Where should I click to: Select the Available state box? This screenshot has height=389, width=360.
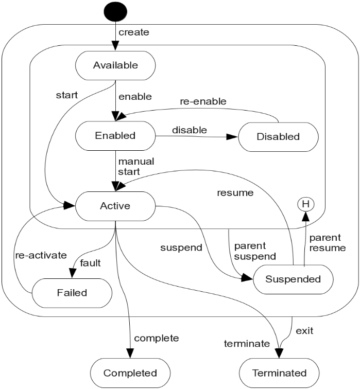click(x=115, y=65)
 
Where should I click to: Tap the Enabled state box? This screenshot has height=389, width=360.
click(x=115, y=136)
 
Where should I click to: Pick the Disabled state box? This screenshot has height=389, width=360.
click(x=278, y=136)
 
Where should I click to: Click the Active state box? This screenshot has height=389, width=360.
click(x=115, y=206)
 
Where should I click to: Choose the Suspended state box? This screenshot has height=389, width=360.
click(x=293, y=279)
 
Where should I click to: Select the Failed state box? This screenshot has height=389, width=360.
click(x=72, y=292)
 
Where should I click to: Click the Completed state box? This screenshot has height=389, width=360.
click(x=130, y=373)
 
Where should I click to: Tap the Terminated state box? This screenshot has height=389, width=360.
click(x=280, y=373)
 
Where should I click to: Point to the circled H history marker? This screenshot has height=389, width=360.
click(x=305, y=204)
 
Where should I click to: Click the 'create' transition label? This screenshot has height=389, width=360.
click(x=133, y=32)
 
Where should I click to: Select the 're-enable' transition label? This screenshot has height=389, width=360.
click(x=202, y=102)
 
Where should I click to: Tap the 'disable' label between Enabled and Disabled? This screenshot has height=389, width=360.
click(x=189, y=130)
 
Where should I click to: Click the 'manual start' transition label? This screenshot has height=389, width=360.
click(x=136, y=166)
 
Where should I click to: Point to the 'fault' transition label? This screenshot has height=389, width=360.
click(x=90, y=263)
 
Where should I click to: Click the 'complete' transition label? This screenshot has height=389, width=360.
click(x=156, y=338)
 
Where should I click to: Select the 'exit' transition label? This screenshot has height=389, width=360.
click(x=304, y=330)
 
